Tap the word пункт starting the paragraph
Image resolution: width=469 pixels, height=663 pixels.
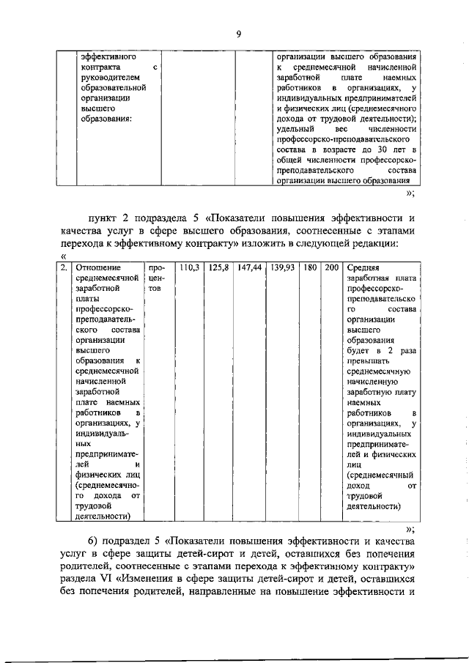[x=103, y=218]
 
